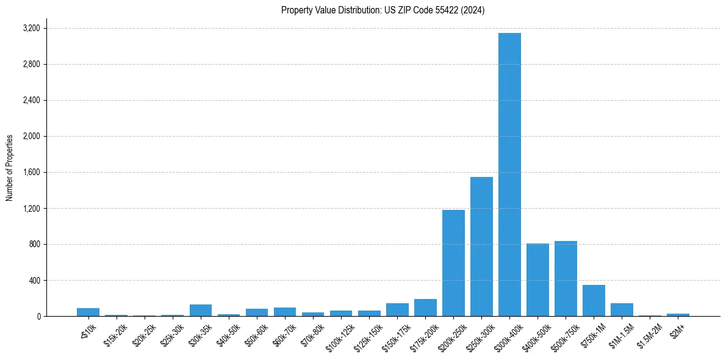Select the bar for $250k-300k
[x=481, y=247]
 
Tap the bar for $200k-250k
[x=453, y=263]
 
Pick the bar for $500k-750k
[x=566, y=279]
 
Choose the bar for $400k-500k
[x=537, y=280]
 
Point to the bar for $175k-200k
[x=425, y=308]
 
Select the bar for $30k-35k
[x=201, y=310]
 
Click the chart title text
[x=383, y=10]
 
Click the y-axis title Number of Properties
[x=10, y=168]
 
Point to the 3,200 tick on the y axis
[x=31, y=28]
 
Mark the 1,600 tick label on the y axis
[x=31, y=172]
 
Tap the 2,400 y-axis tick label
[x=31, y=100]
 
